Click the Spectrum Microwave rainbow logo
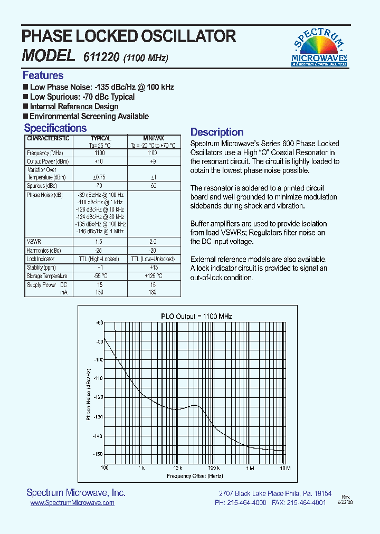pos(319,47)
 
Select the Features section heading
pos(43,75)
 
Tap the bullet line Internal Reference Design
pos(74,107)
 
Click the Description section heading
pos(216,132)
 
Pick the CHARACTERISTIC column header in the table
pos(48,138)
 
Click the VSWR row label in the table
pos(33,241)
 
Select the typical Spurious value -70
pos(98,186)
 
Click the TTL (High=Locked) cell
pos(99,259)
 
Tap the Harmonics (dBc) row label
pos(44,250)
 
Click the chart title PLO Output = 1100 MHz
pos(196,316)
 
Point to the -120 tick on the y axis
pos(98,397)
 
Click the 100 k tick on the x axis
pos(213,468)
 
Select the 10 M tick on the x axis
pos(284,468)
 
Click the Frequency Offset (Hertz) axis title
pos(195,476)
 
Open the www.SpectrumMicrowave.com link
pos(72,503)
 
